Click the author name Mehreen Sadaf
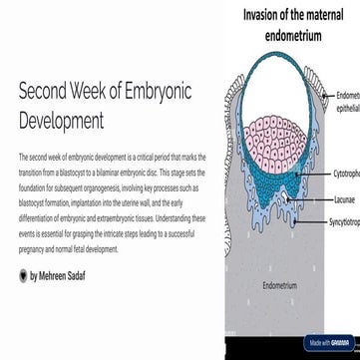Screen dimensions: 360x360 coord(62,274)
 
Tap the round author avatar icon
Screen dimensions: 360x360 coord(23,274)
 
